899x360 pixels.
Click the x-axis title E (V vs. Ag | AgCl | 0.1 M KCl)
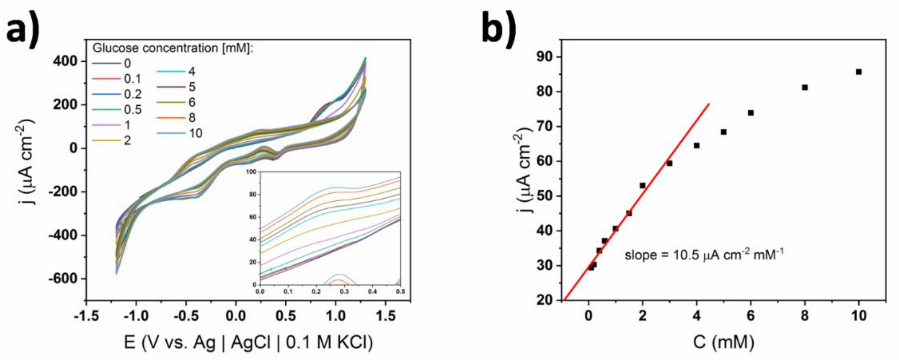click(248, 343)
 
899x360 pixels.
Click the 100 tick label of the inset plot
click(250, 172)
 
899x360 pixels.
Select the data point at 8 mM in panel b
click(805, 87)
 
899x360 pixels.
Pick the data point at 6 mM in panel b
click(751, 113)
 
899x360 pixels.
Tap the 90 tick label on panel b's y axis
click(540, 57)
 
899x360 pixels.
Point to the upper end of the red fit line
click(709, 104)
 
